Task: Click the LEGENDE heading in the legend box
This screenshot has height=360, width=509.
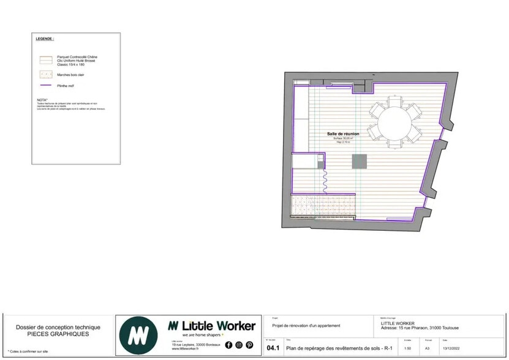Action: (45, 38)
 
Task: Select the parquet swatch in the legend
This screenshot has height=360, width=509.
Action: (45, 61)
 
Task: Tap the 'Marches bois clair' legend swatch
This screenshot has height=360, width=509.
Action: (45, 75)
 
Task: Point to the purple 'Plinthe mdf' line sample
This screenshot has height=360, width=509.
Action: (45, 86)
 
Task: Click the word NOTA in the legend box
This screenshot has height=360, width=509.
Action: (42, 99)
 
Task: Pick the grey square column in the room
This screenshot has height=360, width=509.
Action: (359, 161)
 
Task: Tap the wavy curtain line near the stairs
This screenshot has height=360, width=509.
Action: (325, 180)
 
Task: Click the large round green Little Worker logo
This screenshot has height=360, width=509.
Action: (140, 335)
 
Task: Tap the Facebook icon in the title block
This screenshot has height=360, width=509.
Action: (228, 345)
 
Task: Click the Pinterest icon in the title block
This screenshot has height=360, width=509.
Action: (249, 345)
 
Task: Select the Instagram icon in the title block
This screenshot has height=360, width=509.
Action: (239, 345)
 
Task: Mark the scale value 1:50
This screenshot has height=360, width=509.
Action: (407, 348)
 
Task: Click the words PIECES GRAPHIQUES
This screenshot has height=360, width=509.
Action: (58, 334)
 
